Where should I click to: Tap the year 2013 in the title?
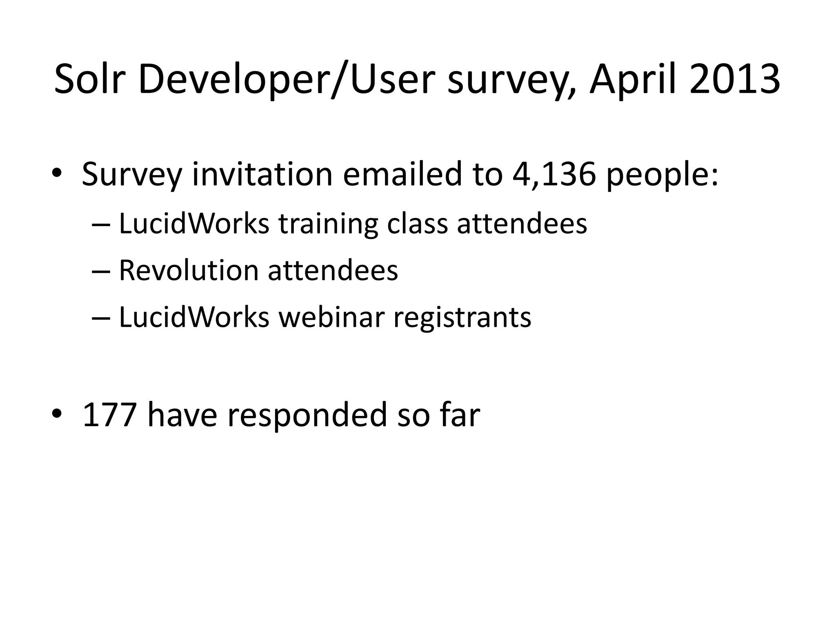pyautogui.click(x=735, y=79)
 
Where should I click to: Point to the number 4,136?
pyautogui.click(x=554, y=174)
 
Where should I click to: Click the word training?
pyautogui.click(x=328, y=225)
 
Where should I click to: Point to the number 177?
pyautogui.click(x=109, y=415)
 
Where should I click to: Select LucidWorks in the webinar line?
pyautogui.click(x=194, y=317)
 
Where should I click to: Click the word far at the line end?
pyautogui.click(x=460, y=415)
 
